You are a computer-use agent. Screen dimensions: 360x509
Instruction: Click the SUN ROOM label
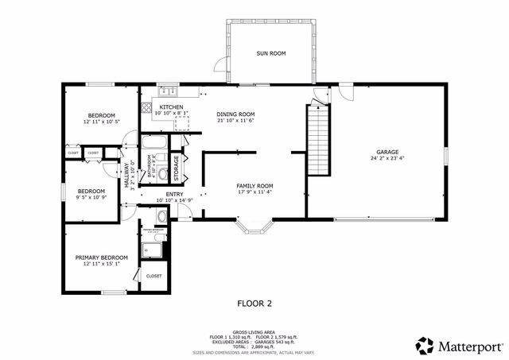(x=270, y=53)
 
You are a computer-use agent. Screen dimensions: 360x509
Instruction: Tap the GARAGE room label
(x=387, y=152)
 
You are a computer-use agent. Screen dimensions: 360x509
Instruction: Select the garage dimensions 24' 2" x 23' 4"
(x=387, y=159)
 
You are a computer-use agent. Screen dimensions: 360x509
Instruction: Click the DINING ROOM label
(x=235, y=114)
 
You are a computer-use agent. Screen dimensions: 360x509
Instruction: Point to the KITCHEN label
(x=171, y=106)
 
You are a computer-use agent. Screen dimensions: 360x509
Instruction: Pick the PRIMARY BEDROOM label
(x=101, y=257)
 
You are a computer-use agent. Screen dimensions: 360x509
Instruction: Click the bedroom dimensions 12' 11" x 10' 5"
(x=101, y=122)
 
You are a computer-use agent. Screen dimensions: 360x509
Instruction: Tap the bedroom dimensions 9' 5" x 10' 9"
(x=91, y=197)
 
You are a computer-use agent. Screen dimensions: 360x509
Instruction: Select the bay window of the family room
(x=254, y=230)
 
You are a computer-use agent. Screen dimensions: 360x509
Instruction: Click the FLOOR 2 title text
(x=254, y=303)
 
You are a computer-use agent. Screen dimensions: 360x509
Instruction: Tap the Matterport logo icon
(x=425, y=345)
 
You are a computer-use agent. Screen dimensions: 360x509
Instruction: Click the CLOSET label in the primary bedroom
(x=153, y=276)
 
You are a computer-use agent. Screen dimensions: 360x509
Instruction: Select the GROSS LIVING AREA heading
(x=254, y=331)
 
